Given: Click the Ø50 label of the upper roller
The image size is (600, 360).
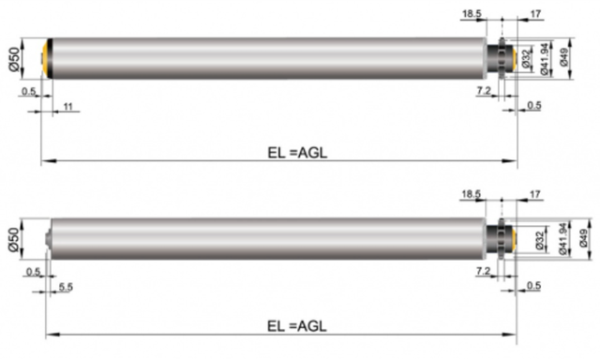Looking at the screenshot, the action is [x=14, y=58].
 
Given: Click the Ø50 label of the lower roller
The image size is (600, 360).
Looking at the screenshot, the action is [x=13, y=239].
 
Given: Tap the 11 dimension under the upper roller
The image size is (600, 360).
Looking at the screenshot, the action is [x=68, y=106].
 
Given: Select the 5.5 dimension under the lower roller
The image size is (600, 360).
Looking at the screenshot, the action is [x=66, y=287].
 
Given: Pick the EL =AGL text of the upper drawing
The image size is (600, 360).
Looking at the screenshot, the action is [x=297, y=153].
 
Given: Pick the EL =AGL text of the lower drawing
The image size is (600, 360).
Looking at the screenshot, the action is [x=297, y=326].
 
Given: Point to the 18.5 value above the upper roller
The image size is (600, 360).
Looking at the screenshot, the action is [x=472, y=14].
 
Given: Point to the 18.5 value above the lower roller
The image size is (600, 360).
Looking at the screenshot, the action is [x=471, y=194].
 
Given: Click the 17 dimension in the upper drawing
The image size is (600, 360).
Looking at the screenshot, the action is [x=536, y=14].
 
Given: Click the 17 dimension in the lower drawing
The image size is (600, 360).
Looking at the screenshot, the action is [x=535, y=194].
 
